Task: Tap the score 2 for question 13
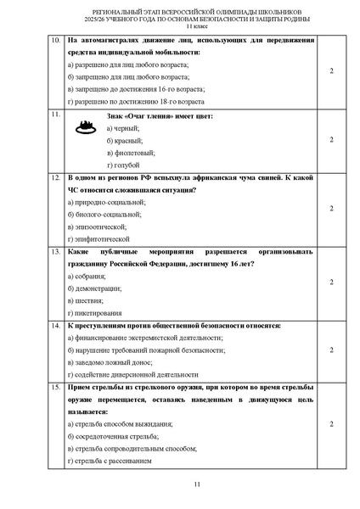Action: pyautogui.click(x=330, y=282)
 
